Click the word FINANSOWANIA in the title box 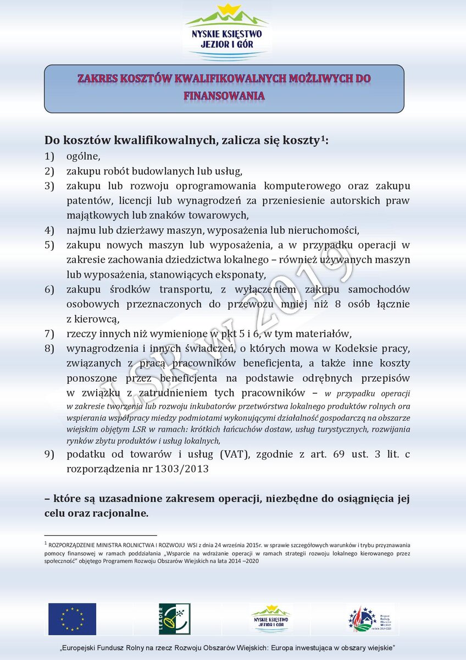click(224, 95)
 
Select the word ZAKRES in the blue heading click(97, 78)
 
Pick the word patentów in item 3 click(86, 200)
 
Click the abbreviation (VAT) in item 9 click(236, 454)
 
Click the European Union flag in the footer click(72, 619)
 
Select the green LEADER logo click(174, 619)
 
